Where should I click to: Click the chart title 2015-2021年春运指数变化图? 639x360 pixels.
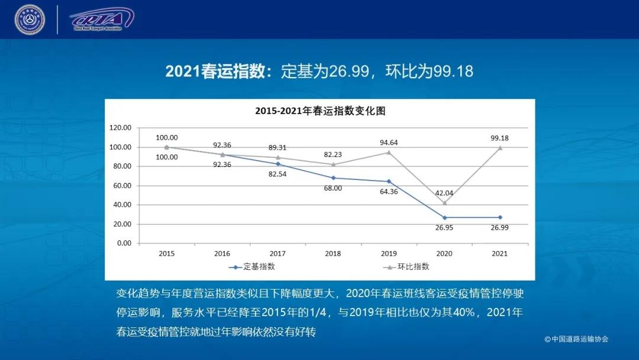coord(320,111)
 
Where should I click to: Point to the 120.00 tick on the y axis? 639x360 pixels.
coord(120,128)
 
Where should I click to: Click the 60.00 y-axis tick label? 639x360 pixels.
coord(120,186)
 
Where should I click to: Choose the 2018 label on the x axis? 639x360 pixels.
coord(333,253)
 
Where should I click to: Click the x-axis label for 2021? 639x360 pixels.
coord(499,253)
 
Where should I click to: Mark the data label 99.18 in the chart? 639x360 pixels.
coord(499,138)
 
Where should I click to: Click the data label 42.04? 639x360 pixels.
coord(444,193)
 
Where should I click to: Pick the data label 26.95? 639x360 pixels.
coord(444,227)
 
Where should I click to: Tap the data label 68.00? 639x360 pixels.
coord(333,188)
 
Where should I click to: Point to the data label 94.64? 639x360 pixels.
coord(389,142)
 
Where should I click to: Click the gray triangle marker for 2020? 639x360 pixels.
coord(444,202)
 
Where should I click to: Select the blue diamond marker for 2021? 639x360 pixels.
coord(499,217)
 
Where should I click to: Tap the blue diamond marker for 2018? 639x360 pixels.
coord(333,178)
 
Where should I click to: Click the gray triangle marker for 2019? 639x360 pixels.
coord(389,152)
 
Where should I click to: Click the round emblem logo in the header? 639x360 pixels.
coord(30,20)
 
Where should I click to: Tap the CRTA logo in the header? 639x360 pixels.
coord(101,20)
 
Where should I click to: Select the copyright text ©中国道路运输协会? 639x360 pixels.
coord(576,339)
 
